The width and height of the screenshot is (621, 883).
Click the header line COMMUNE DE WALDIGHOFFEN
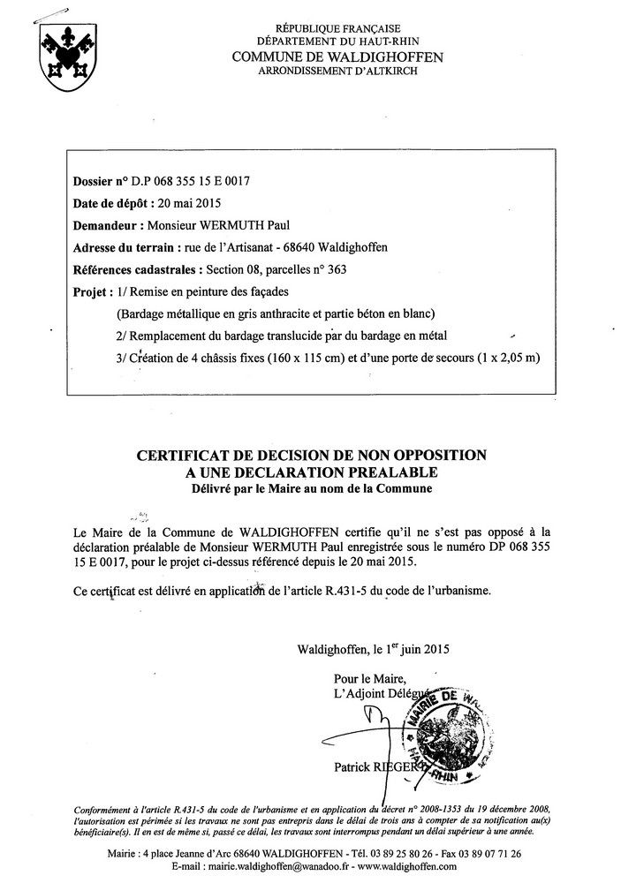337,57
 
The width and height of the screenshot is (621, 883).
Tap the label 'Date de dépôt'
109,204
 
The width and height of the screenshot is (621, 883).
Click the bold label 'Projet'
92,291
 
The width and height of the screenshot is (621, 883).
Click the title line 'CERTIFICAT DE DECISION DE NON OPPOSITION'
310,456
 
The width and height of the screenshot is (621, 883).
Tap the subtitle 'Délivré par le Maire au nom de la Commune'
310,488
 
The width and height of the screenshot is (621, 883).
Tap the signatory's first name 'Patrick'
354,768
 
